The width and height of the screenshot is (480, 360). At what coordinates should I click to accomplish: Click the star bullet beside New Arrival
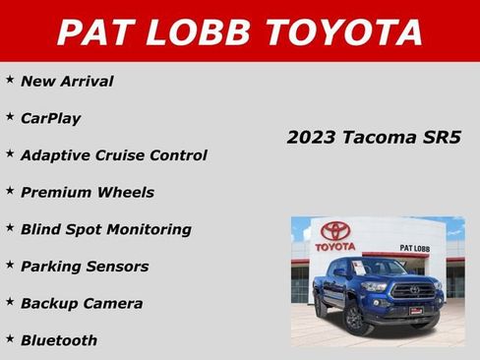(x=10, y=79)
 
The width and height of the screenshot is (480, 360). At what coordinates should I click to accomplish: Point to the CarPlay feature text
(x=50, y=118)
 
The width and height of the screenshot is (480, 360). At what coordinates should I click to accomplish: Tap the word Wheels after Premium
(x=126, y=193)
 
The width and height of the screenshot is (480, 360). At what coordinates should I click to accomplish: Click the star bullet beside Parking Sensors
(x=10, y=264)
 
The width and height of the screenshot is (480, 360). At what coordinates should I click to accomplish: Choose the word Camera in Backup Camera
(x=114, y=304)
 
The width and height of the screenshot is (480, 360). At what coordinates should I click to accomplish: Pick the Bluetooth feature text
(x=59, y=340)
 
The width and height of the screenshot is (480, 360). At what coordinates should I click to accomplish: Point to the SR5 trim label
(x=442, y=137)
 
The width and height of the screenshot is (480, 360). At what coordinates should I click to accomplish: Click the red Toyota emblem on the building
(x=335, y=231)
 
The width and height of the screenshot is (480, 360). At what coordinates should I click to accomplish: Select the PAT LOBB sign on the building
(x=415, y=248)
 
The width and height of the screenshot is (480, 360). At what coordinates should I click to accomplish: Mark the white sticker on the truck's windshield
(x=360, y=269)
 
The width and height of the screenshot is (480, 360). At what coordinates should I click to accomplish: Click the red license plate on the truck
(x=416, y=311)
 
